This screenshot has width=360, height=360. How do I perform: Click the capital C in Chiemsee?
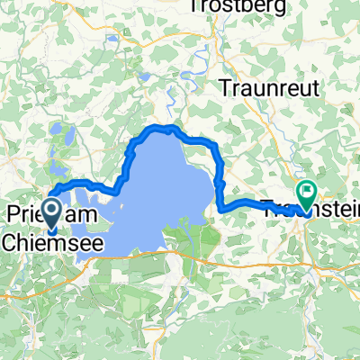(9, 243)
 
